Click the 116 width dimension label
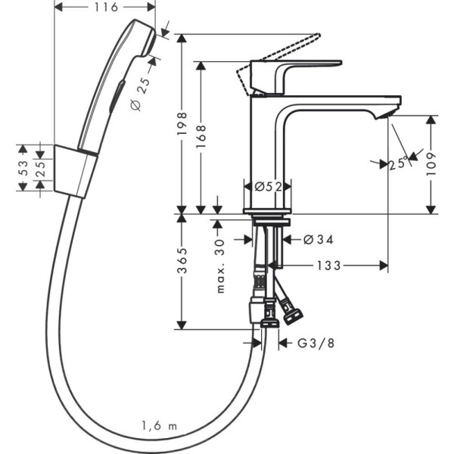coord(107,8)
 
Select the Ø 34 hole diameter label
coord(319,239)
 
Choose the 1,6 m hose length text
coord(158,426)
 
